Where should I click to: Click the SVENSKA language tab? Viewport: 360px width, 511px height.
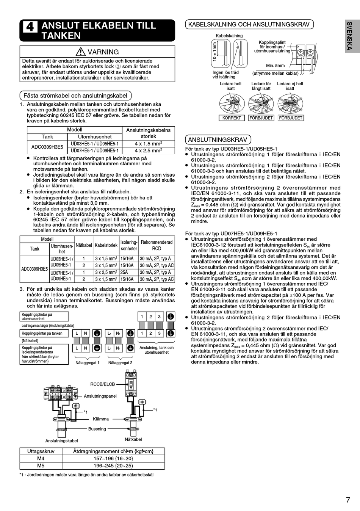[349, 36]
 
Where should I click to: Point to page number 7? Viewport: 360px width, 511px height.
[348, 500]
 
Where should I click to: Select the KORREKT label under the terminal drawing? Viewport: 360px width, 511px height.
[231, 118]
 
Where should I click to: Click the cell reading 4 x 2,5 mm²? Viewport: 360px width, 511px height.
[148, 150]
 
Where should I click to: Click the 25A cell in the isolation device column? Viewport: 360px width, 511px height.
[124, 272]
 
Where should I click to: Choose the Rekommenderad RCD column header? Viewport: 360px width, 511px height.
[157, 245]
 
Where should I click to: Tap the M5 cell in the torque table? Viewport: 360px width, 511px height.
[41, 466]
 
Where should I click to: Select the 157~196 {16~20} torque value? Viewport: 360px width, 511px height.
[113, 458]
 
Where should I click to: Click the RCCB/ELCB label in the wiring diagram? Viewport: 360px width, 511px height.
[102, 384]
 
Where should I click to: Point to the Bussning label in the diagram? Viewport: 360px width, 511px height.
[97, 429]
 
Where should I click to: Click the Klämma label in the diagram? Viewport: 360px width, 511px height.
[101, 419]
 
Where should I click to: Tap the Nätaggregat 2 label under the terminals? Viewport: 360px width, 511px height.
[120, 363]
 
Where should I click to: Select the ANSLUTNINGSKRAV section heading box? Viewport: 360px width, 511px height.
[218, 140]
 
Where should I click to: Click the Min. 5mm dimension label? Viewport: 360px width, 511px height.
[275, 66]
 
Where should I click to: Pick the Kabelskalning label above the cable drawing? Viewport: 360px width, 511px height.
[229, 36]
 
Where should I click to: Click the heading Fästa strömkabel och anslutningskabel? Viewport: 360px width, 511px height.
[75, 96]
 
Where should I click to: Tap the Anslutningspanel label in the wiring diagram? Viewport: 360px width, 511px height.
[100, 396]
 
